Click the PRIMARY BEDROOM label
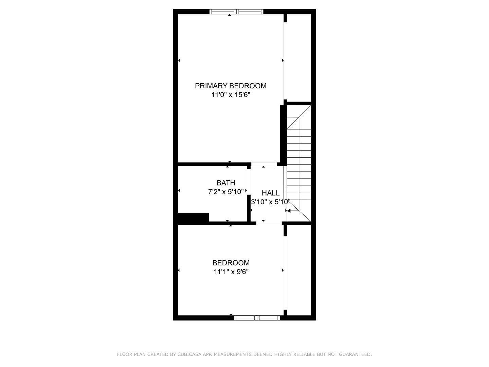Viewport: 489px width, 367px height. coord(231,86)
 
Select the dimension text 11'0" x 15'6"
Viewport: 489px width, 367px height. coord(231,95)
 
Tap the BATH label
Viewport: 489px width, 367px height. coord(226,183)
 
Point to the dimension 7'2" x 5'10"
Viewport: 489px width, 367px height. coord(226,192)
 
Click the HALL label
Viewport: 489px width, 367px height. coord(271,193)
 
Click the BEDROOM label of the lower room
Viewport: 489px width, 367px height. coord(231,263)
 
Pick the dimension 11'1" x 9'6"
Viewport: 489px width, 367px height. coord(231,272)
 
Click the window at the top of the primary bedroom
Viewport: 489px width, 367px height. coord(236,12)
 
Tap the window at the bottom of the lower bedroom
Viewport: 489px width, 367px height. coord(257,318)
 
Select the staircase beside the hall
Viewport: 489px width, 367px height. coord(299,163)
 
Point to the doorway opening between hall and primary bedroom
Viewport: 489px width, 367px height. coord(264,164)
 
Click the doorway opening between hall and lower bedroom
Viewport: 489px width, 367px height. coord(269,223)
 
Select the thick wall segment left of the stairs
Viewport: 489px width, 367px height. coord(282,134)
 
